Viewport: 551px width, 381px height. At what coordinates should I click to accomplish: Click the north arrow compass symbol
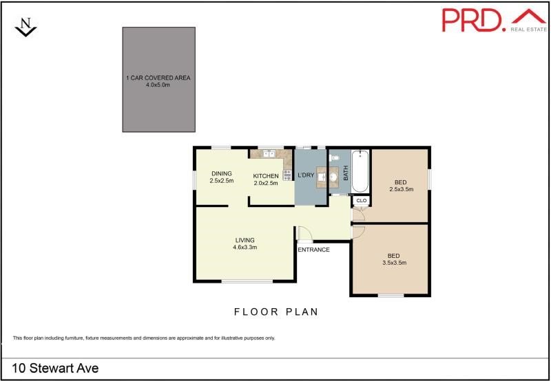(25, 27)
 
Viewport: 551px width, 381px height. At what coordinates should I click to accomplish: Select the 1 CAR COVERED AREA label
(158, 78)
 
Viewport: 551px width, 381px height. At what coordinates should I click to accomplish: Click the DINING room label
(222, 173)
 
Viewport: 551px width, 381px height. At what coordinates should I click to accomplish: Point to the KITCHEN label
(266, 176)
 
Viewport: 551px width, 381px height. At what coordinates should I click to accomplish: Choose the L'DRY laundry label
(305, 175)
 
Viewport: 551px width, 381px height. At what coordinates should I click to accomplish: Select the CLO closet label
(362, 201)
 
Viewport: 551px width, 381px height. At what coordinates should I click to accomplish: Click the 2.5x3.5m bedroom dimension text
(401, 189)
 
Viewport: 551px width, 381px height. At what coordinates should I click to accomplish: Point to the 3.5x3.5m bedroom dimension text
(394, 263)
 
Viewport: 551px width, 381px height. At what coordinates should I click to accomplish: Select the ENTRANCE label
(313, 250)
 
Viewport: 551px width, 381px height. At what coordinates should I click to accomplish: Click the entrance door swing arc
(304, 234)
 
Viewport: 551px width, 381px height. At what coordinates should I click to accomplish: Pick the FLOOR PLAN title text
(276, 312)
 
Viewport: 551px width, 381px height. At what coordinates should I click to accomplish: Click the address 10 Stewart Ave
(56, 369)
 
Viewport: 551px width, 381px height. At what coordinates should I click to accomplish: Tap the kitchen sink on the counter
(268, 154)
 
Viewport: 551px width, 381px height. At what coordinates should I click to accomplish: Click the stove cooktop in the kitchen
(287, 175)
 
